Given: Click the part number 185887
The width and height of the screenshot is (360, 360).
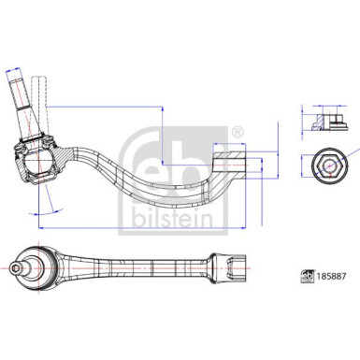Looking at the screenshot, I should click(328, 277).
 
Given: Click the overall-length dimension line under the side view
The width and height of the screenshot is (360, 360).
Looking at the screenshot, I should click(140, 225).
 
